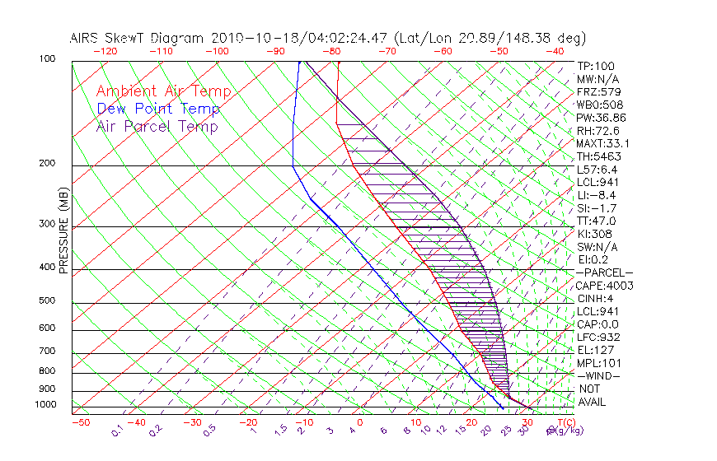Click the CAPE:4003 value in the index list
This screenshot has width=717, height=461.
[604, 286]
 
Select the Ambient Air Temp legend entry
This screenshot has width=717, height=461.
[163, 91]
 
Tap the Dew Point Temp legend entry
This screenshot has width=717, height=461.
[158, 109]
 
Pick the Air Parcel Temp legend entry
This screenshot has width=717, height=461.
[157, 126]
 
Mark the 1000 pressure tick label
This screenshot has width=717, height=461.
[45, 404]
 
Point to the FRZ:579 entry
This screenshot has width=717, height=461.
[597, 91]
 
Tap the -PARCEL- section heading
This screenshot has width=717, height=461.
[604, 272]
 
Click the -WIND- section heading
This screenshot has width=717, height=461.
[599, 376]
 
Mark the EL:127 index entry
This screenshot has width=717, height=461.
[596, 350]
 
